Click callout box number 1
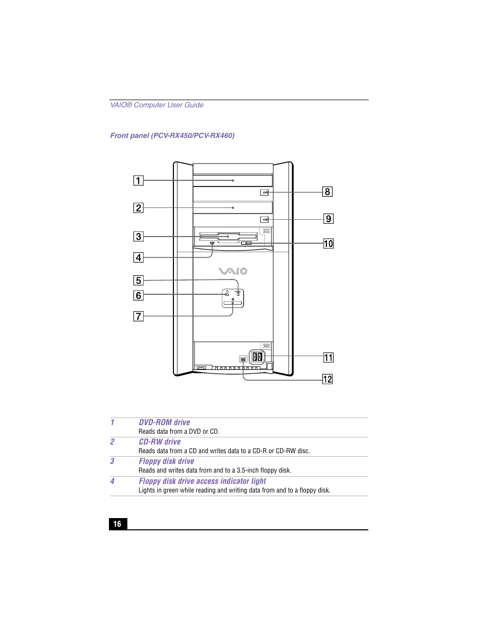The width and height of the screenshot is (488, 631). click(138, 180)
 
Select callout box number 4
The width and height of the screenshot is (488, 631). click(138, 258)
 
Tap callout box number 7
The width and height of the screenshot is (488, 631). click(138, 316)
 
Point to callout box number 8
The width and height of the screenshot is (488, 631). click(327, 192)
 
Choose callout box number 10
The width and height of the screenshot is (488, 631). click(328, 244)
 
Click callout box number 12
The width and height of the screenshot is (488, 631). click(327, 379)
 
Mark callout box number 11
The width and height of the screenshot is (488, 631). click(328, 358)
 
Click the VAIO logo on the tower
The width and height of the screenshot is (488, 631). click(233, 271)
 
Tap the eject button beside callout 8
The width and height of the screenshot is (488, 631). click(264, 193)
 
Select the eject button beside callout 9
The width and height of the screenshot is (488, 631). click(264, 220)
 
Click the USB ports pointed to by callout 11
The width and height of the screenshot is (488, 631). click(257, 357)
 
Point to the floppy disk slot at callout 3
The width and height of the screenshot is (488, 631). click(228, 237)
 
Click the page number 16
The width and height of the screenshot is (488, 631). click(118, 524)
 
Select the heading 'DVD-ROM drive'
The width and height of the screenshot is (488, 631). click(164, 423)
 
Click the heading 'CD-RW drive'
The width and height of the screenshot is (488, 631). click(160, 442)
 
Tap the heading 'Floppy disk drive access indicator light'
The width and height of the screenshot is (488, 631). click(202, 481)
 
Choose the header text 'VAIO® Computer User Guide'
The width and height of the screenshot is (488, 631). click(157, 105)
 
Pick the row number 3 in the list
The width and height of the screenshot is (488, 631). click(113, 461)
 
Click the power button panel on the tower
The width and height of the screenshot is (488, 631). click(233, 298)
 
